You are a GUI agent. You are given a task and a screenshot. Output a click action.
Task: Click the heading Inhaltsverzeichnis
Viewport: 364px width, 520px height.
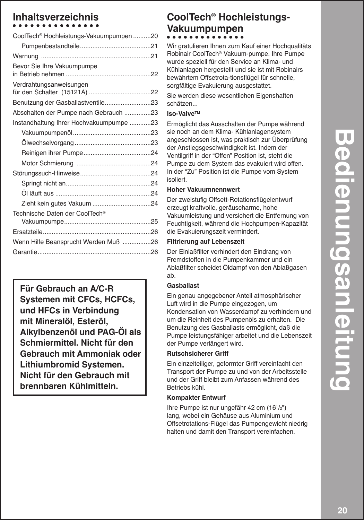pos(55,17)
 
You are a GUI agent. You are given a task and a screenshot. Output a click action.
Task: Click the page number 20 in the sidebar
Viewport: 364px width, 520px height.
pos(342,511)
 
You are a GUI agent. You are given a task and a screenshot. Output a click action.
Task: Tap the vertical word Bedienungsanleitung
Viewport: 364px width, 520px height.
pos(342,260)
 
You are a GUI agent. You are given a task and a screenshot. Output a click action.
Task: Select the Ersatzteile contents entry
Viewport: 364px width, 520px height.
pos(28,232)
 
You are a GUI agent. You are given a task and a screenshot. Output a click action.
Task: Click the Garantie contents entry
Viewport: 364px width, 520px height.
pos(25,252)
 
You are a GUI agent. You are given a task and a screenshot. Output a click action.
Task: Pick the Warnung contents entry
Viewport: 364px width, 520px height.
pos(25,56)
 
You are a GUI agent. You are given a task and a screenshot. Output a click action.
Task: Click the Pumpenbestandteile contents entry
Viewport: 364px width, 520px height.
pos(51,46)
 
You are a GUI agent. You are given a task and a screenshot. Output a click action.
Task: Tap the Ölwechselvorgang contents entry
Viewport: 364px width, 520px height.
pos(47,143)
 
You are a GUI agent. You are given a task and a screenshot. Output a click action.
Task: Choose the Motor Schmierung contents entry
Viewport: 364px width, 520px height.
pos(47,163)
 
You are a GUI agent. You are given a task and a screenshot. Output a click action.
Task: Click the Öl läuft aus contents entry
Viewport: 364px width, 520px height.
pos(37,193)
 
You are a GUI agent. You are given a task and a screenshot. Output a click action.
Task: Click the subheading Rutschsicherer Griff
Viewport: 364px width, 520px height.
pos(198,354)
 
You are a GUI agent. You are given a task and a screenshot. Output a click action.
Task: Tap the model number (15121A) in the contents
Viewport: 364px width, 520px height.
pos(74,92)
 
